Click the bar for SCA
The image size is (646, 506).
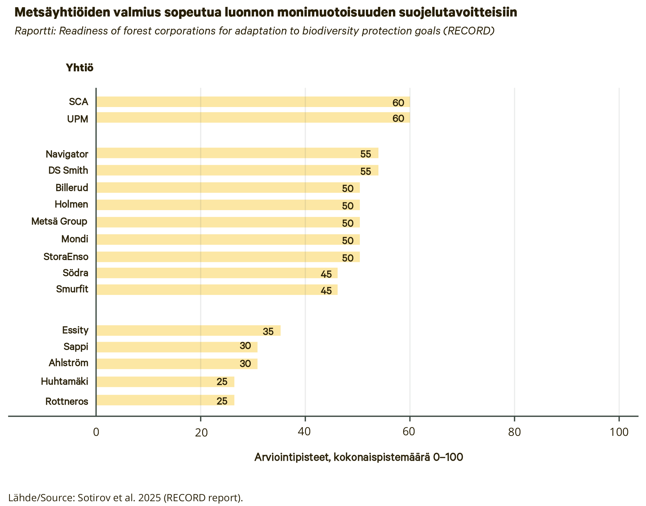[x=253, y=102]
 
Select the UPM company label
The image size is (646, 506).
[x=78, y=119]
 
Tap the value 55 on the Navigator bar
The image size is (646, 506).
[x=366, y=154]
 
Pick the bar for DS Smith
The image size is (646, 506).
[x=237, y=170]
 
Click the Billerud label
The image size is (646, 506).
[x=72, y=188]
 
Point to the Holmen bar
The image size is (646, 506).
[x=228, y=205]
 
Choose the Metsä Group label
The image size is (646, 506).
[x=59, y=222]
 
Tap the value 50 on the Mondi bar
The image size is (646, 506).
[x=348, y=241]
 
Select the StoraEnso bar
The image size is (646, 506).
[x=228, y=257]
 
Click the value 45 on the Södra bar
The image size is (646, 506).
[x=326, y=274]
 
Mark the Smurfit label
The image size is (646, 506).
[x=72, y=289]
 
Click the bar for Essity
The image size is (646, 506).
[x=188, y=331]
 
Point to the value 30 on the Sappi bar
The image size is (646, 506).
[x=245, y=346]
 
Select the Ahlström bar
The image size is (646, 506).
[x=177, y=364]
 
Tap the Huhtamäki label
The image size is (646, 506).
[x=65, y=382]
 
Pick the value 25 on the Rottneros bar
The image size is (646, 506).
[x=222, y=401]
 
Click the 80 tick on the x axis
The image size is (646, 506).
[x=514, y=432]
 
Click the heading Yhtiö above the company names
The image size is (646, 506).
[x=80, y=68]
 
